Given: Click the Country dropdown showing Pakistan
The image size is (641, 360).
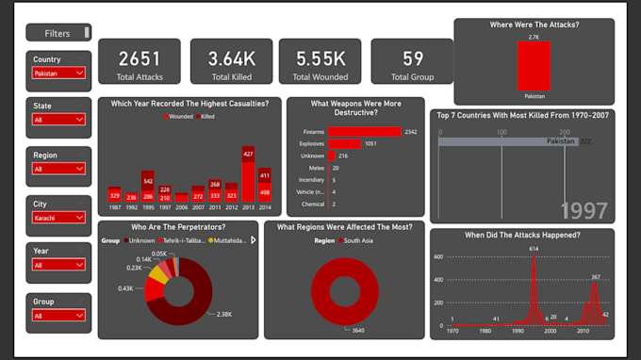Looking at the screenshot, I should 58,73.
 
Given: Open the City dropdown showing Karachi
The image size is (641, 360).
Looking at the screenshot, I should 58,217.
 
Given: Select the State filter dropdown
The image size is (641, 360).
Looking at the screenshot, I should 58,120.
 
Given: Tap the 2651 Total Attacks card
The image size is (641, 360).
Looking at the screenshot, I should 140,61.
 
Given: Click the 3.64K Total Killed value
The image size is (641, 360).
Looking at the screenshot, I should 231,58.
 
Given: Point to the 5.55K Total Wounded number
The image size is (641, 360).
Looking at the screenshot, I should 320,58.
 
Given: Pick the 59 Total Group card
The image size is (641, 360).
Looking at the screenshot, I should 412,58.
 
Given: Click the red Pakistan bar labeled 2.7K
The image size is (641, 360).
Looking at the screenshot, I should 534,65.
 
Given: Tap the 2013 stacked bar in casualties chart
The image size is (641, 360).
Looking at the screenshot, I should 248,174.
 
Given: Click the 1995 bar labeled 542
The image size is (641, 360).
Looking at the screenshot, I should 148,185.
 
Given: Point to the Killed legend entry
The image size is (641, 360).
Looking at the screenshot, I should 206,117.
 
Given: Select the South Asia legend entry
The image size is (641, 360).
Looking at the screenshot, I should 353,240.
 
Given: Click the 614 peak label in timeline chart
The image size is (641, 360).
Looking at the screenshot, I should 534,248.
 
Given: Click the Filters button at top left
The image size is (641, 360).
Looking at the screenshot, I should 58,33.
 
